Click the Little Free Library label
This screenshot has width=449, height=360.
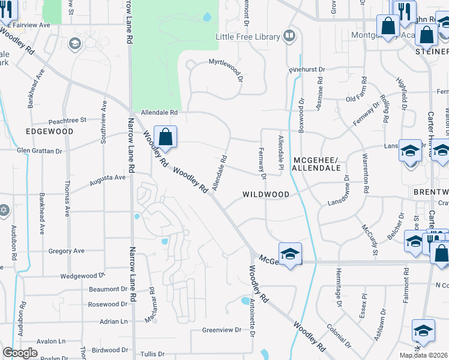(x=248, y=37)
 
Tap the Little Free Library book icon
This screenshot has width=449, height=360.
(x=290, y=37)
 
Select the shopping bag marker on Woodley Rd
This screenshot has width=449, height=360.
(x=166, y=136)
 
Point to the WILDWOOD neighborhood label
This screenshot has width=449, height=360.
(x=266, y=194)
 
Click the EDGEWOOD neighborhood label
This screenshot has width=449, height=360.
(x=49, y=131)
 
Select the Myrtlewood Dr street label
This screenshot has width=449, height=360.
(x=226, y=62)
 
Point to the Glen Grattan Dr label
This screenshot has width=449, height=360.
(x=40, y=151)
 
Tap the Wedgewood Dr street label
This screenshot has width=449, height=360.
(x=82, y=277)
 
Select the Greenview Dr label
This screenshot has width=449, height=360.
(x=221, y=330)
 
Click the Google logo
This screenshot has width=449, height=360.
(x=20, y=353)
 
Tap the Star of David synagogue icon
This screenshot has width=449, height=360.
(x=4, y=211)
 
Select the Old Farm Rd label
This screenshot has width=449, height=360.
(x=360, y=98)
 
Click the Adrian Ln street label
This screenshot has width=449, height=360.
(x=113, y=322)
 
